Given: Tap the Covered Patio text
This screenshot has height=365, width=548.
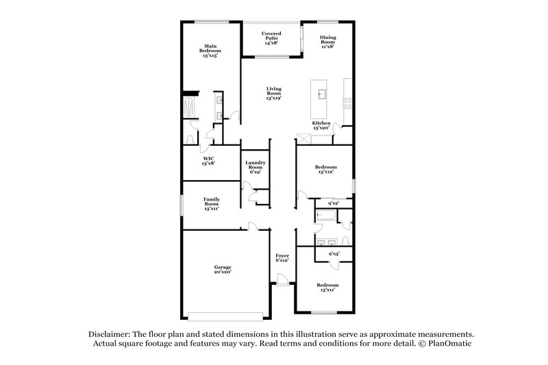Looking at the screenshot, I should pos(271,38).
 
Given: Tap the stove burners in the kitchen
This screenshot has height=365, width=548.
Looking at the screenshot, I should pos(347,104).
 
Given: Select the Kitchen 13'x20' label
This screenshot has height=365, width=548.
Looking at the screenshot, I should pos(321,125).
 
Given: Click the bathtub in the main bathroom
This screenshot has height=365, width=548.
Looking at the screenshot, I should pos(190,108).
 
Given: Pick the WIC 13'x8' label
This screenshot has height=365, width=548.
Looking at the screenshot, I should pos(209,161).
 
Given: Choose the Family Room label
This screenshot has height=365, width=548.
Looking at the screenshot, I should pos(211,204).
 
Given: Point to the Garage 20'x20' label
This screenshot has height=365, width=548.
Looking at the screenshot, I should pos(222,269).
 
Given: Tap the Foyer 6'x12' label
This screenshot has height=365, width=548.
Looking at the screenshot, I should pos(282,257).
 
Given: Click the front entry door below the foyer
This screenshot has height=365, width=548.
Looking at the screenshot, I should pos(281,279).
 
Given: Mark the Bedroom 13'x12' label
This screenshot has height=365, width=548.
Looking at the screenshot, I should pos(325,169).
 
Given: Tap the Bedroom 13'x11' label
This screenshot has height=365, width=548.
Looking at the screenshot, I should pos(327,287).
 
